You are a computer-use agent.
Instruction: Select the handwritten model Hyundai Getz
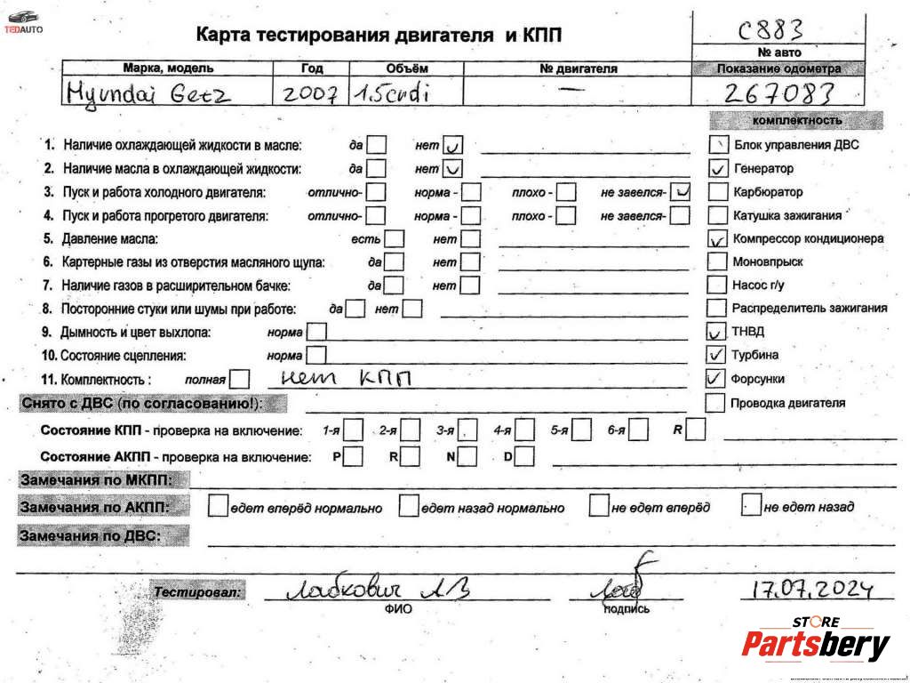coord(148,92)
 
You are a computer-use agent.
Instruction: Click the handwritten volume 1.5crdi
coord(392,92)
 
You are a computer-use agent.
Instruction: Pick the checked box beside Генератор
coord(717,168)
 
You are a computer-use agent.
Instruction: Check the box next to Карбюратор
coord(717,191)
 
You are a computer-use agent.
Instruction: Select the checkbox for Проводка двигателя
coord(715,403)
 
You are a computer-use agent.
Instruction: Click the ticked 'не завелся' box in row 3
coord(681,191)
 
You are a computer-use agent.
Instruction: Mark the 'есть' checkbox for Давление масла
coord(394,239)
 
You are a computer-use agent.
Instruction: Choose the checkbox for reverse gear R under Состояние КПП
coord(696,430)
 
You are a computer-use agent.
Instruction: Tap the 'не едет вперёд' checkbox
coord(598,506)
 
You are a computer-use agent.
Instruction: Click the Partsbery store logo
coord(815,641)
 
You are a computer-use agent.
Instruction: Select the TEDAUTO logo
coord(24,21)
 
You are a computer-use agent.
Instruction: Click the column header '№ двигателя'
coord(578,68)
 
